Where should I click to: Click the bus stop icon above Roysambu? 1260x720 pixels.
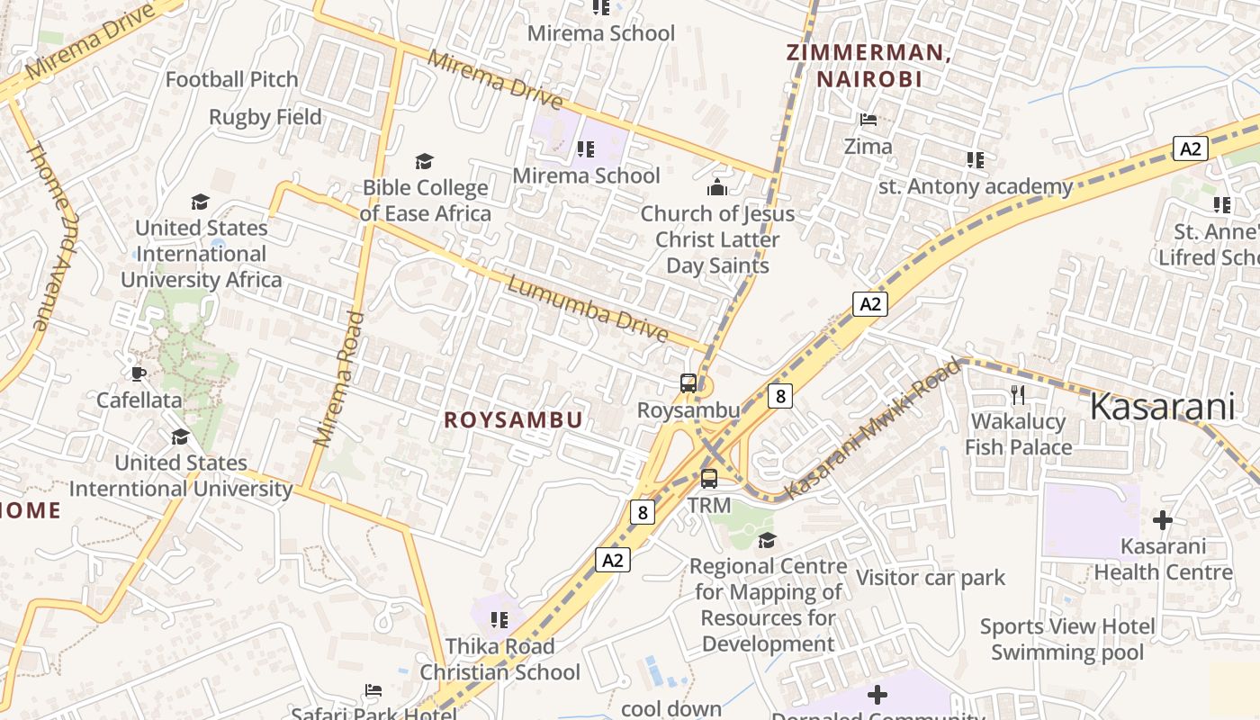click(x=688, y=383)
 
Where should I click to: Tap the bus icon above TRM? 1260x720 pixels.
click(x=709, y=479)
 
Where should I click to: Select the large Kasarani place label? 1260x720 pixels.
click(x=1162, y=408)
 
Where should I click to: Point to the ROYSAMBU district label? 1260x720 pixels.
click(x=513, y=420)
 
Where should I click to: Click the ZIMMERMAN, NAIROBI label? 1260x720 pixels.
click(x=868, y=66)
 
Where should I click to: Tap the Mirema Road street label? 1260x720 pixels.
click(x=338, y=378)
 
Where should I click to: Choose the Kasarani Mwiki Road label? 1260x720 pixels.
click(x=872, y=430)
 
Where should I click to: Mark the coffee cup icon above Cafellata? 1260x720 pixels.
click(x=138, y=373)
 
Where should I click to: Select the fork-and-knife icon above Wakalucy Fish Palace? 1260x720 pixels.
click(x=1018, y=394)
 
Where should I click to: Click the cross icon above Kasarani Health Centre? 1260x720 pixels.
click(x=1163, y=520)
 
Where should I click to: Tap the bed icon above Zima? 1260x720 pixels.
click(x=868, y=120)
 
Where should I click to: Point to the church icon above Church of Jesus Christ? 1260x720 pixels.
click(x=717, y=187)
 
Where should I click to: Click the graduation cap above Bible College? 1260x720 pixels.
click(x=424, y=161)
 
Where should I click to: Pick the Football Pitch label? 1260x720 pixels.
click(x=231, y=79)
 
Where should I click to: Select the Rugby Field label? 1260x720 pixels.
click(x=265, y=117)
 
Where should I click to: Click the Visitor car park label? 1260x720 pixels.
click(x=930, y=578)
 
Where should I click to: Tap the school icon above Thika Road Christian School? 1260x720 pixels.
click(x=499, y=620)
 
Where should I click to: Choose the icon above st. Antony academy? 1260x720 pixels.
click(x=975, y=160)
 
